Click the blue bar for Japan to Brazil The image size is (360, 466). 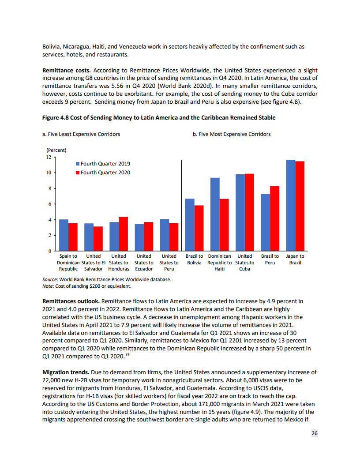pyautogui.click(x=291, y=205)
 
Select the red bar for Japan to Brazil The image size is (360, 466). pyautogui.click(x=300, y=206)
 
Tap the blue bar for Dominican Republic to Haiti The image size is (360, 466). pyautogui.click(x=215, y=214)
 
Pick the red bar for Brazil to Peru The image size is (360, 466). pyautogui.click(x=274, y=218)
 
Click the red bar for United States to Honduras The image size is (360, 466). pyautogui.click(x=124, y=234)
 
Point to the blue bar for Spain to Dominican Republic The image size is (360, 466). pyautogui.click(x=64, y=235)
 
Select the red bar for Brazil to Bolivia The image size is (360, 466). pyautogui.click(x=199, y=228)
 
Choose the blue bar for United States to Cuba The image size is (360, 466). pyautogui.click(x=240, y=212)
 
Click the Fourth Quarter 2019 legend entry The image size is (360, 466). pyautogui.click(x=103, y=164)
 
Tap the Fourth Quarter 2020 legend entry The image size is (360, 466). pyautogui.click(x=103, y=173)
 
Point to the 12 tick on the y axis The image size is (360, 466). pyautogui.click(x=49, y=157)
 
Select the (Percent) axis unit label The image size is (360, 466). pyautogui.click(x=56, y=150)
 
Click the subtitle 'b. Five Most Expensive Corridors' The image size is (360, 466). pyautogui.click(x=232, y=134)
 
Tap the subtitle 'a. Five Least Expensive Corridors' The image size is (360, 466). pyautogui.click(x=81, y=134)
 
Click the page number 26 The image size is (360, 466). pyautogui.click(x=314, y=433)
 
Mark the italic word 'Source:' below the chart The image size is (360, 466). pyautogui.click(x=50, y=279)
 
